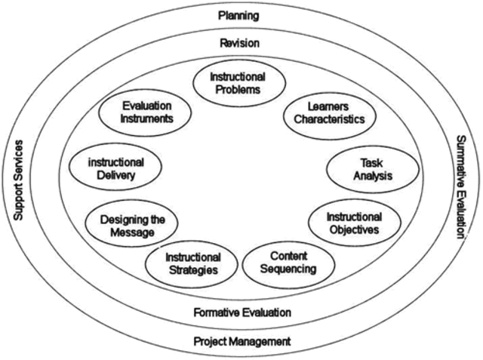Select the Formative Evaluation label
click(241, 312)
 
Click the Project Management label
click(241, 341)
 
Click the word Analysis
click(362, 176)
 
